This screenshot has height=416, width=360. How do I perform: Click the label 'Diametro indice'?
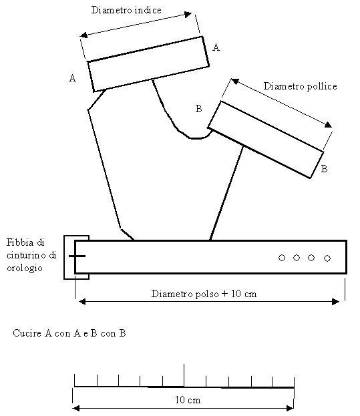(x=126, y=10)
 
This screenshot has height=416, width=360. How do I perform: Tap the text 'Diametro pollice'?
(x=300, y=86)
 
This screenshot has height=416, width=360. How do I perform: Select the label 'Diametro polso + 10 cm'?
(x=204, y=294)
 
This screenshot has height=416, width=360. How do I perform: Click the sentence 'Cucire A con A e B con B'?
(x=69, y=333)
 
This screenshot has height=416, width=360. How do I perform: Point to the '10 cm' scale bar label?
(x=188, y=400)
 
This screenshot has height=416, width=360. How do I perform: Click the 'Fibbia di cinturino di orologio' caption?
(x=31, y=255)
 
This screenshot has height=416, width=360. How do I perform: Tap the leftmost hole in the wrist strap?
(x=282, y=258)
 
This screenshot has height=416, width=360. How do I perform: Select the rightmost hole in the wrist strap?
(x=327, y=258)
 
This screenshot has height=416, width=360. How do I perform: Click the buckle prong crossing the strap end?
(x=77, y=256)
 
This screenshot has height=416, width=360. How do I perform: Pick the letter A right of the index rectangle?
(x=216, y=47)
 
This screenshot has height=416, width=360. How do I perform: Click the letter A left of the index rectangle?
(x=72, y=78)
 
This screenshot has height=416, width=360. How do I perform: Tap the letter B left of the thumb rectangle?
(x=198, y=109)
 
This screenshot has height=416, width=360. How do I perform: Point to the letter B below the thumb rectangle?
(x=324, y=169)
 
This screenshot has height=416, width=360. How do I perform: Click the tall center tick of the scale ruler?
(x=184, y=375)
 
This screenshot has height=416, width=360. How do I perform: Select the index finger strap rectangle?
(x=148, y=64)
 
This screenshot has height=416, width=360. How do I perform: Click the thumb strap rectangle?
(x=266, y=140)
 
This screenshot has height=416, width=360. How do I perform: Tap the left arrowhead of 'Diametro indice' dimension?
(x=83, y=35)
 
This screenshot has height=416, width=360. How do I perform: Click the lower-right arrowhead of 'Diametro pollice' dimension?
(x=329, y=125)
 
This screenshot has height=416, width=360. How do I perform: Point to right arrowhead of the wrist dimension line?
(x=336, y=302)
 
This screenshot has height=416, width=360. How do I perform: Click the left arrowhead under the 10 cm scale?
(x=76, y=408)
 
